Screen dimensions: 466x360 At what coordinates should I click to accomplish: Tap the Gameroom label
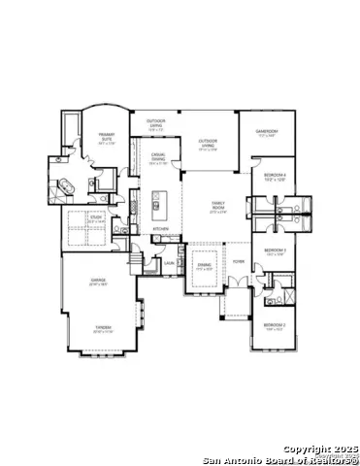tap(267, 131)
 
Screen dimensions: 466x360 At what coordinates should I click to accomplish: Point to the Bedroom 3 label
tap(275, 251)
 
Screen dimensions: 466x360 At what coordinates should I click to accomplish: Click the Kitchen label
tap(160, 229)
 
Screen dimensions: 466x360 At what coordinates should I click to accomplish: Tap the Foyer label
tap(238, 262)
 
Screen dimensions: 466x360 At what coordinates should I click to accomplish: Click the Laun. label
tap(168, 263)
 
